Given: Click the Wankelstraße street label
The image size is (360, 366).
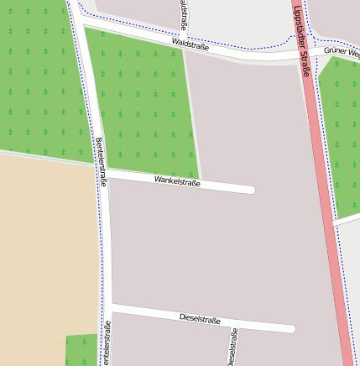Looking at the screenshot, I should (x=177, y=180).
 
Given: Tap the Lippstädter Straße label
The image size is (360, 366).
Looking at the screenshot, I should (x=302, y=41).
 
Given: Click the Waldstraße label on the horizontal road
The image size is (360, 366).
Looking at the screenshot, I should (x=189, y=43).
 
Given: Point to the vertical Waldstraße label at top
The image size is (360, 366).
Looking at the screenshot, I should (x=183, y=15).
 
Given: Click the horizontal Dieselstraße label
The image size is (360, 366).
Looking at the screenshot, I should (x=200, y=319).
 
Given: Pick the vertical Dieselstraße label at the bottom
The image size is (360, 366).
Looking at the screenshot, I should (x=232, y=347).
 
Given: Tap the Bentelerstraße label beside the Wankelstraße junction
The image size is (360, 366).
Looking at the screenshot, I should (x=102, y=161).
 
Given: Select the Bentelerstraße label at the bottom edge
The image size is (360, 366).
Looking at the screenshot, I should (x=106, y=344).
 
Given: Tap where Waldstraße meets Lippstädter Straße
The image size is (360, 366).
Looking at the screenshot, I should (x=305, y=55).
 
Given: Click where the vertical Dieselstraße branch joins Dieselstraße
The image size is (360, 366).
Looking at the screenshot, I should (x=232, y=322).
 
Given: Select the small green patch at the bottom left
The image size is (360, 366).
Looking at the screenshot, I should (x=81, y=349).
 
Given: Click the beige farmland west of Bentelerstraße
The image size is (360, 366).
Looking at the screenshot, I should (x=46, y=252).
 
